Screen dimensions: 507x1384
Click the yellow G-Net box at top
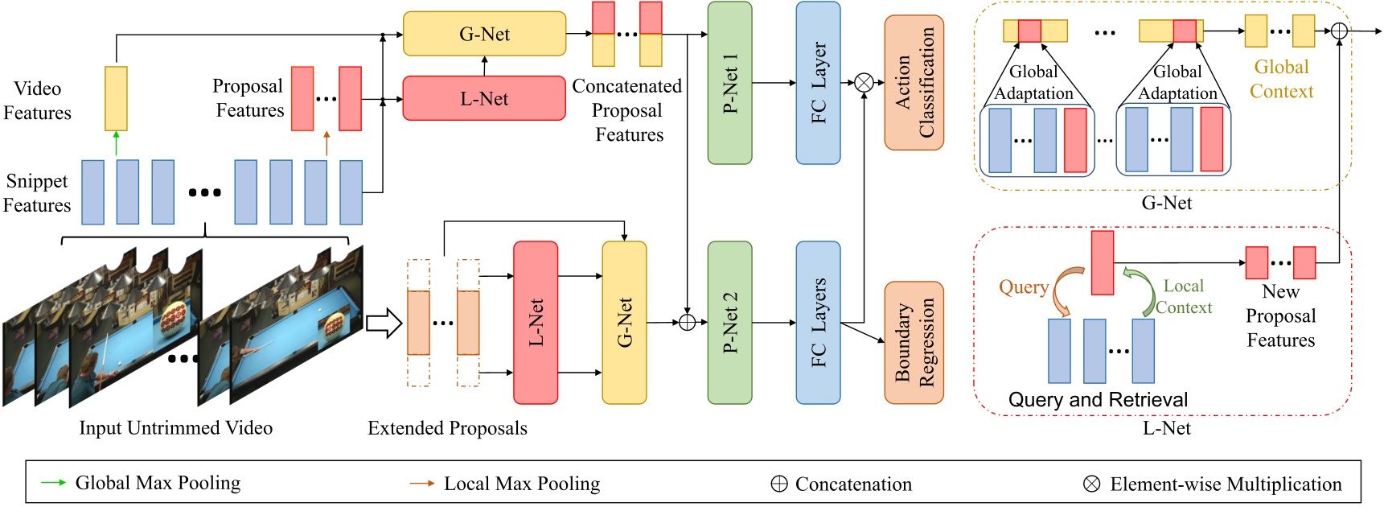tap(484, 34)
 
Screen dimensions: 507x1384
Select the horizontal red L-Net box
tap(484, 98)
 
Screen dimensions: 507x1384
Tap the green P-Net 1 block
tap(729, 83)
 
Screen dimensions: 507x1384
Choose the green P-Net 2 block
tap(729, 323)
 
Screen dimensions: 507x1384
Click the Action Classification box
tap(914, 83)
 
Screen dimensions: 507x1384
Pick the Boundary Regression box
tap(914, 343)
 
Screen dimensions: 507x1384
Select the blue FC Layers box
tap(818, 323)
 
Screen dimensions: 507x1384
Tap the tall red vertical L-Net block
tap(536, 323)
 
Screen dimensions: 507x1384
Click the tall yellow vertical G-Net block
tap(624, 323)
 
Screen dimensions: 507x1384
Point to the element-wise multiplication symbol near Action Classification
tap(864, 82)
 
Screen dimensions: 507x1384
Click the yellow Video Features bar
tap(116, 98)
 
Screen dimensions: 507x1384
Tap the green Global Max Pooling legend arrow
tap(53, 483)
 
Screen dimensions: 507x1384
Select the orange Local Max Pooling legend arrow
tap(422, 484)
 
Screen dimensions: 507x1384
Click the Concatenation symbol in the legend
tap(778, 484)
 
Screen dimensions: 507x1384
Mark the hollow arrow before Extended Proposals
tap(384, 324)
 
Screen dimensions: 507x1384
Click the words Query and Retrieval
tap(1098, 400)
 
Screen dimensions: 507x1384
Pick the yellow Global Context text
tap(1281, 79)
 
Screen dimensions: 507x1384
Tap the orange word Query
tap(1023, 287)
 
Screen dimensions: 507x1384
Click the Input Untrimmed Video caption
tap(175, 428)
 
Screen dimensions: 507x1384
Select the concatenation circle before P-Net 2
tap(687, 323)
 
